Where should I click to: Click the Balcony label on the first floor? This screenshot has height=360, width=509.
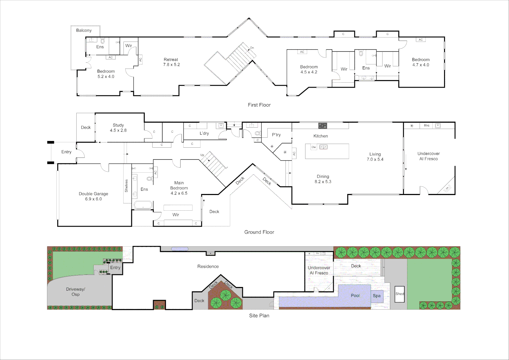[x=84, y=30]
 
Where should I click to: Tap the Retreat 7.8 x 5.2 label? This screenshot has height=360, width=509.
[x=171, y=62]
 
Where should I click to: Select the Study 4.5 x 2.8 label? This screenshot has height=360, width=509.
[x=118, y=128]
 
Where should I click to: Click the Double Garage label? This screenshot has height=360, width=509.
[x=93, y=196]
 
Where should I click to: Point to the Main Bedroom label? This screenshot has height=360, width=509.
[x=179, y=188]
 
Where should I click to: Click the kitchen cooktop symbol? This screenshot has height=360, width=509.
[x=322, y=126]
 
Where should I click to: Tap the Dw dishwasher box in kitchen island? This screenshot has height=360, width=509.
[x=313, y=147]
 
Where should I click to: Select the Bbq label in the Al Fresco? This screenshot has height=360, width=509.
[x=426, y=126]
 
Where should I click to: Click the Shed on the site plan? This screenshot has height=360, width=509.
[x=399, y=294]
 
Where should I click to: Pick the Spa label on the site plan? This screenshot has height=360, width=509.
[x=376, y=296]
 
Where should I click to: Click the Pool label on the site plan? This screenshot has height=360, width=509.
[x=355, y=296]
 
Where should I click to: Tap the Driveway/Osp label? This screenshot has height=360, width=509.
[x=76, y=292]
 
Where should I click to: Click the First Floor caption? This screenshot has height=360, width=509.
[x=259, y=105]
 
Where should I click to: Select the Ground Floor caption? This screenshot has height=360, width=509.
[x=259, y=232]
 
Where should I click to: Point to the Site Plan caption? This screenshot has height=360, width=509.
[x=259, y=316]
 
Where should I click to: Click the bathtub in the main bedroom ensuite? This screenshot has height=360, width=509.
[x=143, y=205]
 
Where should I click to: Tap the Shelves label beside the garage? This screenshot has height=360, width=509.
[x=127, y=186]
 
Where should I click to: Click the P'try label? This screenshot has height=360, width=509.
[x=276, y=135]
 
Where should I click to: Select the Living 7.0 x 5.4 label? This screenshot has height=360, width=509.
[x=375, y=157]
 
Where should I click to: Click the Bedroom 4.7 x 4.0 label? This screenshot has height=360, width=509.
[x=421, y=62]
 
